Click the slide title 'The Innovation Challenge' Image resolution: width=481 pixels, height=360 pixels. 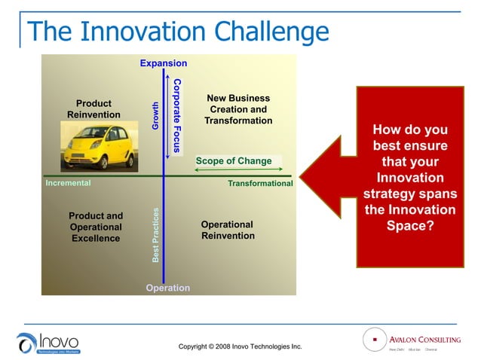pyautogui.click(x=178, y=32)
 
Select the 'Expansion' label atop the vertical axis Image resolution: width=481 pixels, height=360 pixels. pyautogui.click(x=164, y=63)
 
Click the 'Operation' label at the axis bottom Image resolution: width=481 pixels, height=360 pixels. pyautogui.click(x=167, y=288)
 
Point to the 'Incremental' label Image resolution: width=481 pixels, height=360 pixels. pyautogui.click(x=68, y=183)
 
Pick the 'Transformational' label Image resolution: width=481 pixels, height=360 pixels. pyautogui.click(x=259, y=184)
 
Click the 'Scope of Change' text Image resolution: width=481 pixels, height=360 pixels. pyautogui.click(x=233, y=160)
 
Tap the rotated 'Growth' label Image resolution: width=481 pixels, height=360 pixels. pyautogui.click(x=156, y=116)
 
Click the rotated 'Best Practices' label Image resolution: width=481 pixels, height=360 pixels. pyautogui.click(x=156, y=235)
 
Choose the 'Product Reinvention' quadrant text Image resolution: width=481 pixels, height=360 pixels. pyautogui.click(x=93, y=109)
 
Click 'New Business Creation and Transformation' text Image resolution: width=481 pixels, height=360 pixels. pyautogui.click(x=238, y=109)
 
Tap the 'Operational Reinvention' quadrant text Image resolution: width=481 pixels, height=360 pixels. pyautogui.click(x=228, y=230)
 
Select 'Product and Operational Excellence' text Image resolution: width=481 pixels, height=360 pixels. pyautogui.click(x=96, y=227)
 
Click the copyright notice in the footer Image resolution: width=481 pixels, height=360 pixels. pyautogui.click(x=240, y=346)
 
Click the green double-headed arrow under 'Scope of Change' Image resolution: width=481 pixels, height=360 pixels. pyautogui.click(x=238, y=170)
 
